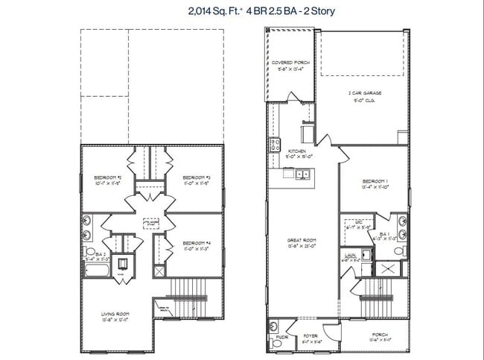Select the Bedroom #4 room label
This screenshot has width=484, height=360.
tap(195, 244)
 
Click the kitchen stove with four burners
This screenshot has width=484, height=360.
tap(274, 143)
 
